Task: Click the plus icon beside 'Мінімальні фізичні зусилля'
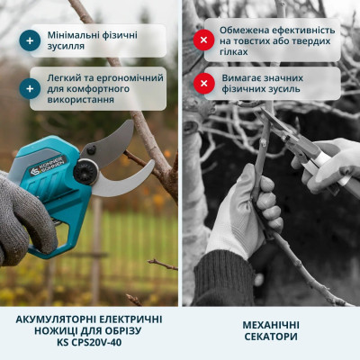pyautogui.click(x=31, y=40)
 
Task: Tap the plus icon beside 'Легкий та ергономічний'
pyautogui.click(x=31, y=88)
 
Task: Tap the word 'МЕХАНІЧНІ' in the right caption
pyautogui.click(x=270, y=324)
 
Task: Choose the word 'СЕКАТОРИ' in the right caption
pyautogui.click(x=270, y=337)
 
